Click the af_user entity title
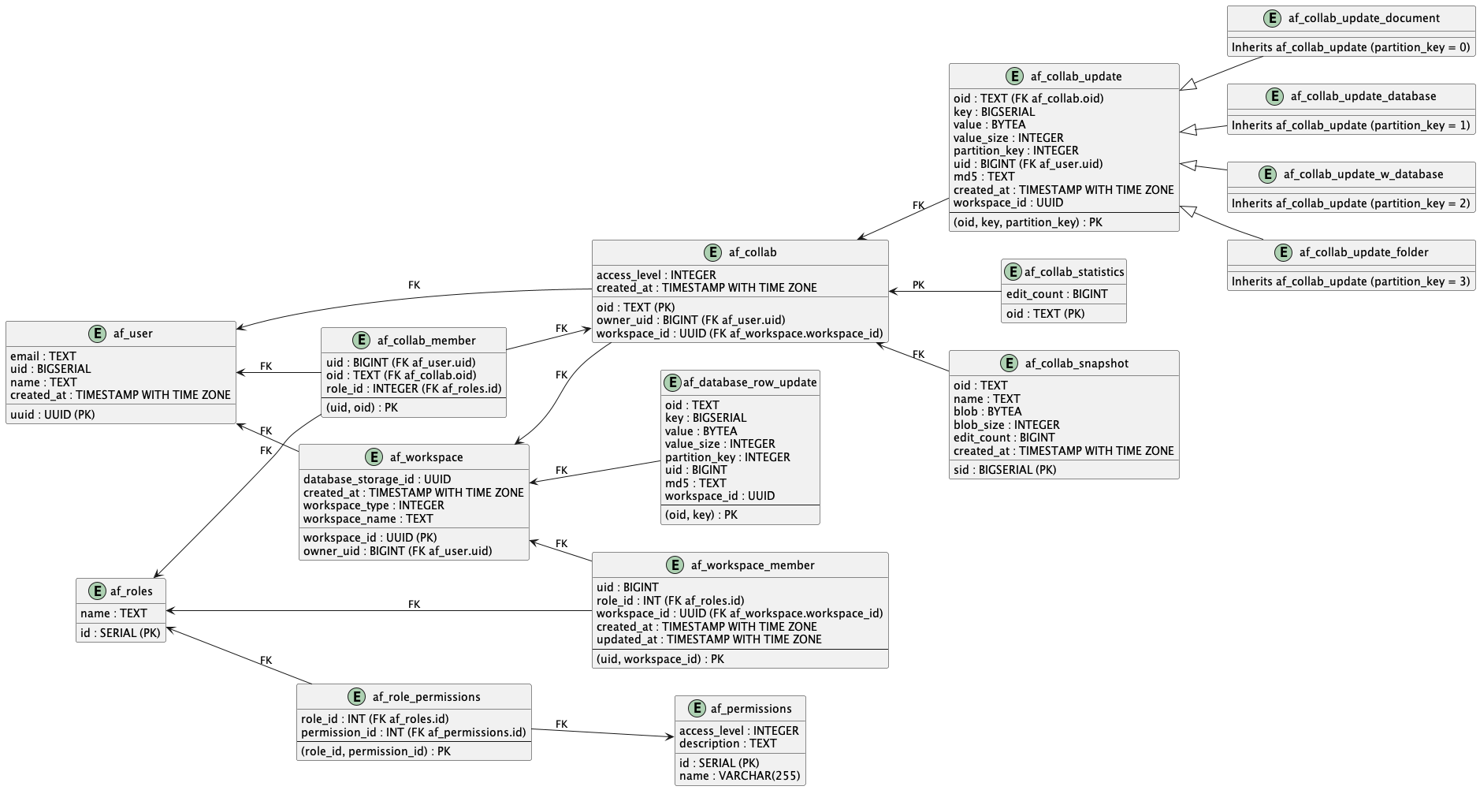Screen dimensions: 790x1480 (132, 334)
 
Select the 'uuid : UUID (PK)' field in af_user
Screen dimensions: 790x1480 (53, 414)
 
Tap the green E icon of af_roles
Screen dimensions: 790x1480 (97, 591)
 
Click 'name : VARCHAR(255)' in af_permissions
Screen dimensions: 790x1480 (739, 776)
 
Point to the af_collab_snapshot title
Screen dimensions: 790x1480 (1076, 363)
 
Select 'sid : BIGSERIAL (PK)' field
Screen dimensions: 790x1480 (1005, 470)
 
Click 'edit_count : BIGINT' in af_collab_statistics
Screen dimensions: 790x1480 (1057, 294)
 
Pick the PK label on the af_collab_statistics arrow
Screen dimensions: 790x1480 (918, 285)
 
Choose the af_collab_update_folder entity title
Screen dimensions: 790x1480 (1363, 252)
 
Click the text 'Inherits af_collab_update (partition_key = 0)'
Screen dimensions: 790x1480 (1351, 47)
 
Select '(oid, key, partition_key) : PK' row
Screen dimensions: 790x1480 (1028, 222)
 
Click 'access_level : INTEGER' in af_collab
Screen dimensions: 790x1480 (656, 275)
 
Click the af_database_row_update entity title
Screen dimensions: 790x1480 (749, 382)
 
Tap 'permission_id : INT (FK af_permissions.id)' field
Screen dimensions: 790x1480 (413, 732)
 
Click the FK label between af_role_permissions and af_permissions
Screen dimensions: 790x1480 (561, 724)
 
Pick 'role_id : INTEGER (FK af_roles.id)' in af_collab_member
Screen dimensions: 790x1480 (414, 389)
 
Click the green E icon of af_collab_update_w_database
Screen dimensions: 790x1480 (1268, 175)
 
